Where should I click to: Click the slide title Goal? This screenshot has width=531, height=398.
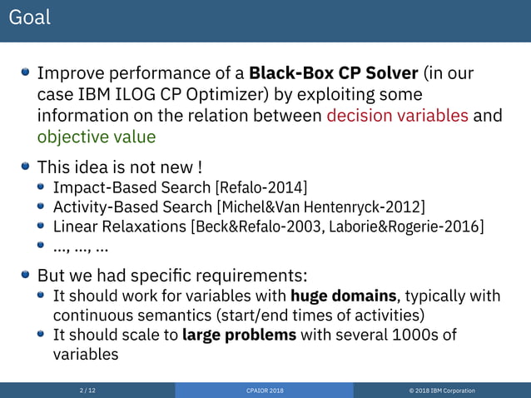coord(30,17)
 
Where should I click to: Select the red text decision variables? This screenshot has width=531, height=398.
coord(397,115)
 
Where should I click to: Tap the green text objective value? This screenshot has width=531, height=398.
coord(96,136)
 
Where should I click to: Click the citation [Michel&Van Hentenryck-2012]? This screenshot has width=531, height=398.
coord(320,206)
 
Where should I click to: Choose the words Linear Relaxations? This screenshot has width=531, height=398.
coord(120,226)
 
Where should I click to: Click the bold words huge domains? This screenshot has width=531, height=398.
coord(344,296)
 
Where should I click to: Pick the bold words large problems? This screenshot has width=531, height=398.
coord(239,335)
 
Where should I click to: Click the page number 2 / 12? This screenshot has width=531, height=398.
coord(87,390)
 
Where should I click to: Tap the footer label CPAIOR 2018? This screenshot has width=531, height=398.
coord(265,390)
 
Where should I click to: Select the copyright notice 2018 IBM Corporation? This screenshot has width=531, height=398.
coord(445,390)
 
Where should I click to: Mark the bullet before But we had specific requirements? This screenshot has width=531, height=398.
coord(27,275)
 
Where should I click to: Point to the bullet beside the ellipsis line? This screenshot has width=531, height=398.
coord(42,246)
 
